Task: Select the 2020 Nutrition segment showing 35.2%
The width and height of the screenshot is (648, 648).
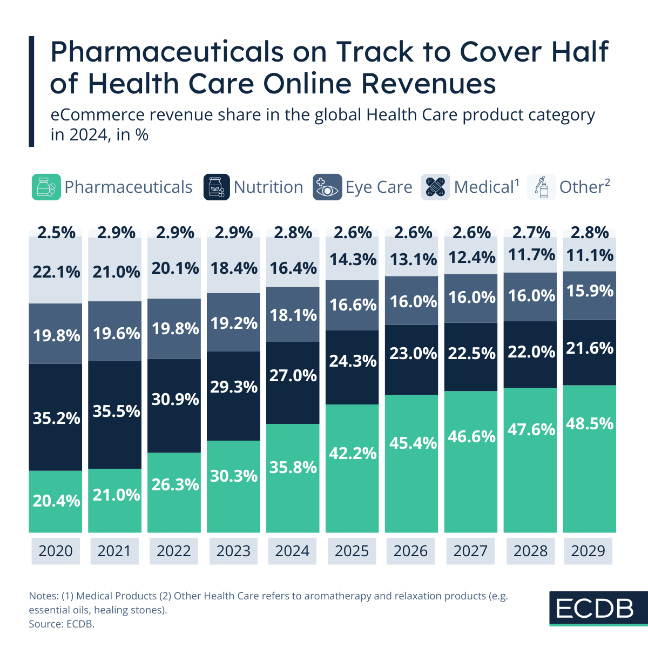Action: coord(56,417)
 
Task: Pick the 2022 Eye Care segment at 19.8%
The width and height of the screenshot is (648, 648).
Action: coord(174,328)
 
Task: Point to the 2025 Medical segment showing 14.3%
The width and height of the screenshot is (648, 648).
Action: coord(353,259)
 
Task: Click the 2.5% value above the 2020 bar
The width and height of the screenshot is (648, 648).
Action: coord(56,233)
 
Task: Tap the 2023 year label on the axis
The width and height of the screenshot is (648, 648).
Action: coord(233,551)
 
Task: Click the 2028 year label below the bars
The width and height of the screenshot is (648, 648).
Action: coord(530,551)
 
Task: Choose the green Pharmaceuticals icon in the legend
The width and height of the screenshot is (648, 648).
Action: coord(46,187)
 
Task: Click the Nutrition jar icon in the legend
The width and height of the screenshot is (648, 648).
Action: coord(216,187)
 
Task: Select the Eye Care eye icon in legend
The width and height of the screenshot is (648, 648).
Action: coord(327,187)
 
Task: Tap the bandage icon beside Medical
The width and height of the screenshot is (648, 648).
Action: coord(435,187)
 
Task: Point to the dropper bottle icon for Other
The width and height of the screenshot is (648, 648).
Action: coord(541,187)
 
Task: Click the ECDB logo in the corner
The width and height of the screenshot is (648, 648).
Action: coord(595,609)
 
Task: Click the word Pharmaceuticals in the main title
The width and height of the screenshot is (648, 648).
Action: coord(167,52)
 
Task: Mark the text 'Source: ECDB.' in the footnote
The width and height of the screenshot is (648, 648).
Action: coord(62,624)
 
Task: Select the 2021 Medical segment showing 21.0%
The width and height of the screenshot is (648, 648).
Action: coord(115,272)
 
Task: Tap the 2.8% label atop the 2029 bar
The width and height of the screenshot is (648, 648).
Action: coord(589,233)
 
